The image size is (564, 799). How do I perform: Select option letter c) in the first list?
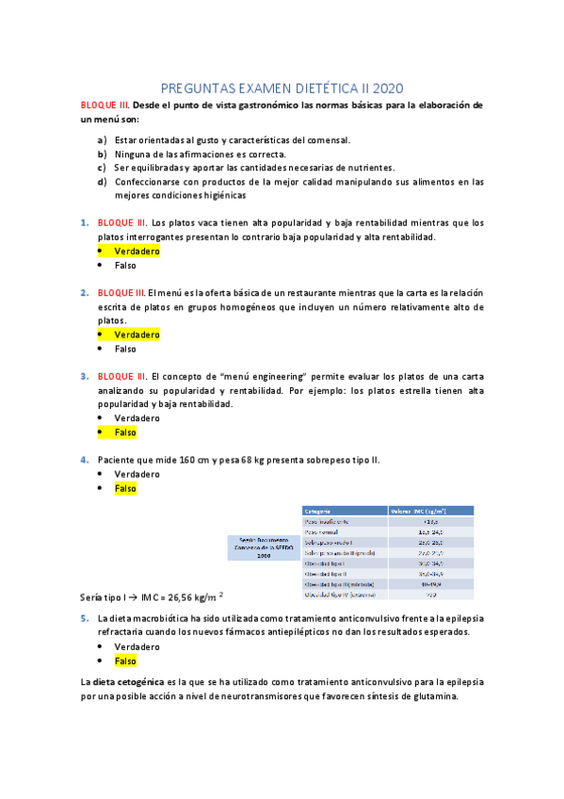102,168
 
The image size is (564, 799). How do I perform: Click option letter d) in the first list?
102,182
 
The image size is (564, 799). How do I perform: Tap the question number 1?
84,223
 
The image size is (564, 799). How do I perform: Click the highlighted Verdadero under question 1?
137,252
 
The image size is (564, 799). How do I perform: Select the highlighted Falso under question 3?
125,432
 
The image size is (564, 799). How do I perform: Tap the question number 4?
84,460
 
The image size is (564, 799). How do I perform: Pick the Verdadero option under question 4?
137,474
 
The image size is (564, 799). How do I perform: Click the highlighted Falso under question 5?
125,661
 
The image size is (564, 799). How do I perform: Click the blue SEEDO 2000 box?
264,547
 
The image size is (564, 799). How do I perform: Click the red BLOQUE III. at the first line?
105,105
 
